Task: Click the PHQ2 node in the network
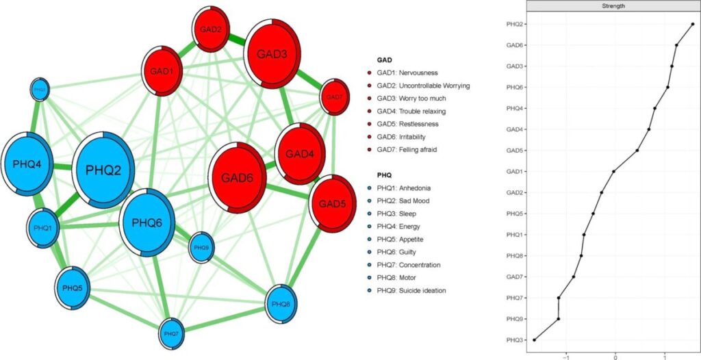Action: (103, 170)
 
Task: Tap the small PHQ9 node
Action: (201, 247)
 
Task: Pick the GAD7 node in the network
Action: (334, 97)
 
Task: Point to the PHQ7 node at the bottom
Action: (171, 333)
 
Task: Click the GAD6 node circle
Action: (237, 177)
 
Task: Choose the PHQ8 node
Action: (281, 303)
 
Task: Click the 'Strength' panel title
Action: (612, 6)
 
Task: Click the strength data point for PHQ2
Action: (693, 24)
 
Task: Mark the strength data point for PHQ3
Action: (534, 339)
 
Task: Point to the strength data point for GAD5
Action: (637, 151)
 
